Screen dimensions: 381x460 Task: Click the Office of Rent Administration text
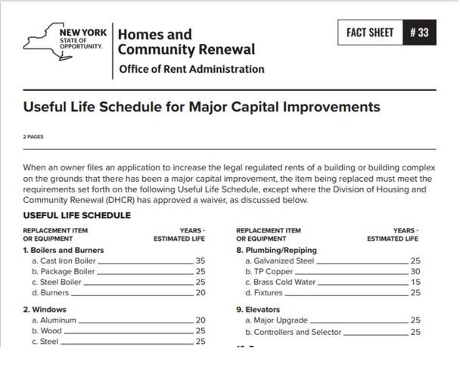[191, 70]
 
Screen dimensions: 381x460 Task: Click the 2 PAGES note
[34, 137]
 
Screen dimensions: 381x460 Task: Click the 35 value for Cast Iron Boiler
[200, 260]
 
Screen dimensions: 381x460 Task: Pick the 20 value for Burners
[200, 292]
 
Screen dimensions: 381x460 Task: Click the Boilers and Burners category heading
[64, 249]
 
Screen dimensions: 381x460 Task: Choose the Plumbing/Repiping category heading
[276, 249]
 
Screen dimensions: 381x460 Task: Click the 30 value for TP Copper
[415, 270]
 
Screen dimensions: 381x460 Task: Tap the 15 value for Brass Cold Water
[415, 281]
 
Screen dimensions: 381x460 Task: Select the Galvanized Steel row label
[279, 260]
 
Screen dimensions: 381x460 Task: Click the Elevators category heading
[258, 310]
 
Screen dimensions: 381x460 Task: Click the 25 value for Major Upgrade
[415, 320]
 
